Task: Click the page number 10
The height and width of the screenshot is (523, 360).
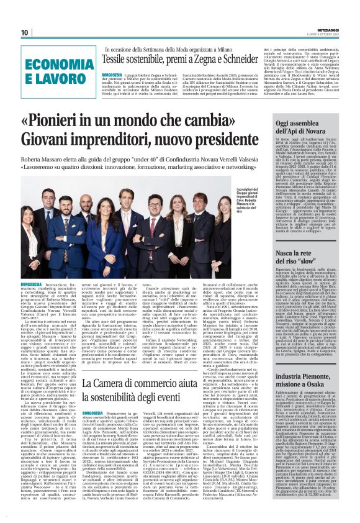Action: [x=25, y=32]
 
